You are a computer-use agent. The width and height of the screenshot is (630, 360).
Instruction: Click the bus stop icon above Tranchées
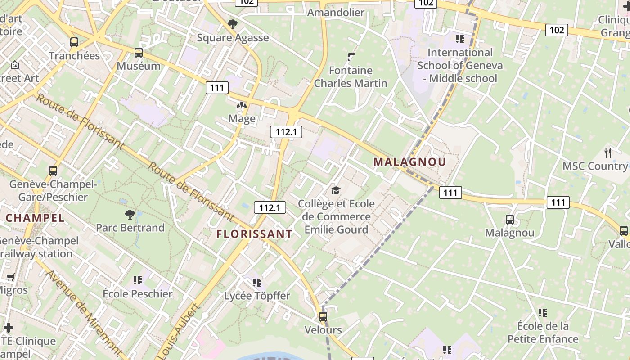coord(74,43)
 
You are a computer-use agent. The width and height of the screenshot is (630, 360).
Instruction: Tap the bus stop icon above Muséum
coord(139,53)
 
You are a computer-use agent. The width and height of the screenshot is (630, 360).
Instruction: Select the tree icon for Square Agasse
coord(233,24)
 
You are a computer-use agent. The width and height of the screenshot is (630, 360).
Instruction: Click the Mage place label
coord(242,119)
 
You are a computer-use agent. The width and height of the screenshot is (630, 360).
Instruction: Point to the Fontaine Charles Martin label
coord(351,77)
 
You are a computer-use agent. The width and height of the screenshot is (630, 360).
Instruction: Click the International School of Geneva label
coord(460,66)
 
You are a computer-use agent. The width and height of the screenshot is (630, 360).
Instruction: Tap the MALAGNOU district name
coord(409,162)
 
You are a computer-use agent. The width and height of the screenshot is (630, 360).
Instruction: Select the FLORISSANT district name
coord(254,234)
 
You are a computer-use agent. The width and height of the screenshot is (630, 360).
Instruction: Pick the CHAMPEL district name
coord(35,218)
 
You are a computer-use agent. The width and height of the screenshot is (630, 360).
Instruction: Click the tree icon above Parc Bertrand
coord(130,214)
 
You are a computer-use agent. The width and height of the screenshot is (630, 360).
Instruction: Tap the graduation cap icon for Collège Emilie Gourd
coord(336,191)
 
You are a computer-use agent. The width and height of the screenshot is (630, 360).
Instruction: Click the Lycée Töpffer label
coord(257,296)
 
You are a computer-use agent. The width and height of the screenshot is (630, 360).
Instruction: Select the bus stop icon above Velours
coord(323,316)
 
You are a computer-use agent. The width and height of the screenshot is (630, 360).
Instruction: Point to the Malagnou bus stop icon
coord(510,220)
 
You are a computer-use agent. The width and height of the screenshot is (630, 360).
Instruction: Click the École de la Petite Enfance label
coord(543,333)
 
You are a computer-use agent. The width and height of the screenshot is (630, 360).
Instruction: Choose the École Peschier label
coord(138,294)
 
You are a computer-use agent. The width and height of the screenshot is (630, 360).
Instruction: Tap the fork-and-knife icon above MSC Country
coord(608,153)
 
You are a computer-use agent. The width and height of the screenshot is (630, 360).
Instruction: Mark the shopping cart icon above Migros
coord(10,277)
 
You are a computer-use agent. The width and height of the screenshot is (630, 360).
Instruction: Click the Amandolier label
coord(336,12)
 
